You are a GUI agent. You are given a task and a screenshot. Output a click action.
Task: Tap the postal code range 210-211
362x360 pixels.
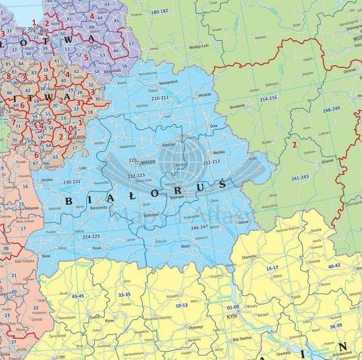pos(160,97)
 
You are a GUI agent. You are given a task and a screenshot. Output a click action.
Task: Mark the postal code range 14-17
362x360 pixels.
pos(271,269)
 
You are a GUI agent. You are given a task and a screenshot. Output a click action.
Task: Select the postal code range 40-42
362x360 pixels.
pos(334,265)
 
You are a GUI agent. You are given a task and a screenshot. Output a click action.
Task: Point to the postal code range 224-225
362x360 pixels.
pos(91,236)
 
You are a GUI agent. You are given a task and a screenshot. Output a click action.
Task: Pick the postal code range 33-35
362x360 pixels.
pos(124,294)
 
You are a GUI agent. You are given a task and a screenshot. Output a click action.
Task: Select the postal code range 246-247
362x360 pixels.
pos(199,227)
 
